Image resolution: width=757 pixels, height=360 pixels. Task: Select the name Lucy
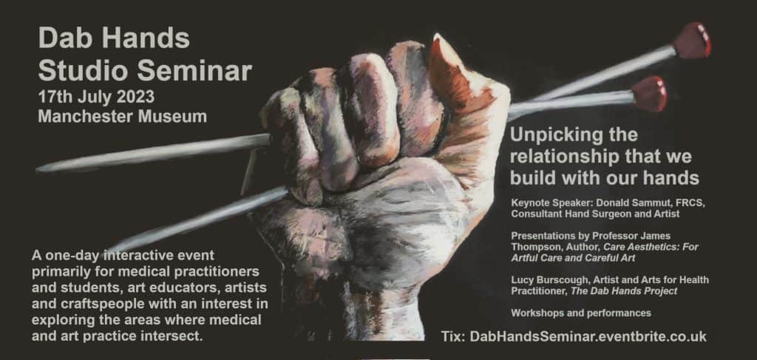point(521,280)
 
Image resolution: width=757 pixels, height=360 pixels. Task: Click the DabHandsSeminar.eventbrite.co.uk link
point(588,336)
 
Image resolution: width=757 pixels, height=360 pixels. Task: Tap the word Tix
point(453,336)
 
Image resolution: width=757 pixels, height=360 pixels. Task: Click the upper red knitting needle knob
point(692,40)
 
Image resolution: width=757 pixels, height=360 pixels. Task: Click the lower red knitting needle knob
point(649,94)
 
